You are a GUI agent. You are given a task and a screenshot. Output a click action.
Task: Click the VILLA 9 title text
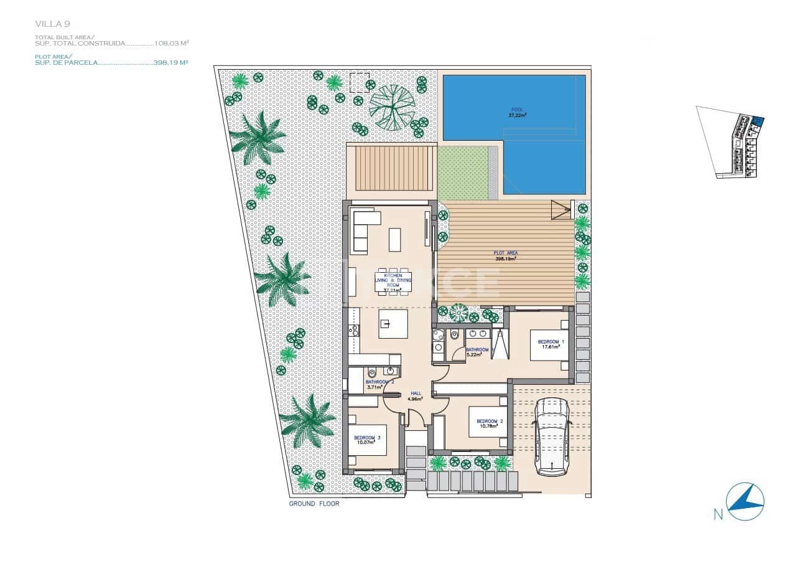coord(52,24)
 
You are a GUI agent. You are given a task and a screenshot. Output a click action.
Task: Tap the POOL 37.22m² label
coord(518,112)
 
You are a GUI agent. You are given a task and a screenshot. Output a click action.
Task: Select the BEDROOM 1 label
coord(551,344)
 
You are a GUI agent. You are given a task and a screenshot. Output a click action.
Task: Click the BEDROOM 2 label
coord(490,423)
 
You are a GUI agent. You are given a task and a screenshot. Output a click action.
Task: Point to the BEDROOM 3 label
coord(367,440)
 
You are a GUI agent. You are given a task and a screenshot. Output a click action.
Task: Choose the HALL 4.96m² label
coord(416,396)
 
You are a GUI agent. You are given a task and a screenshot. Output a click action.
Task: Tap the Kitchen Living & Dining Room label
coord(393,282)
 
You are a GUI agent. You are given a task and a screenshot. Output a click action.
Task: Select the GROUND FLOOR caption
coord(314,504)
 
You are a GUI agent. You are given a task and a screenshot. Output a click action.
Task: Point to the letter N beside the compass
coord(718,514)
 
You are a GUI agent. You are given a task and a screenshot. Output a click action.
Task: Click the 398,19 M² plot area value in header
coord(170,63)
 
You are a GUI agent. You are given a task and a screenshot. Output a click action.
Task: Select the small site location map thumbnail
coord(731,142)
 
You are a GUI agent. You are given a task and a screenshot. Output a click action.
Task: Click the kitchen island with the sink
coord(393,324)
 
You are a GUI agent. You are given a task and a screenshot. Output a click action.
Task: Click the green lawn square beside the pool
coord(462,172)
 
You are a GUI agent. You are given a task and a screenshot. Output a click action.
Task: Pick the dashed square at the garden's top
coord(359,82)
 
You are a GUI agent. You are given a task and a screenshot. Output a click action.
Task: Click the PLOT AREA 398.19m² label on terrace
coord(505,255)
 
